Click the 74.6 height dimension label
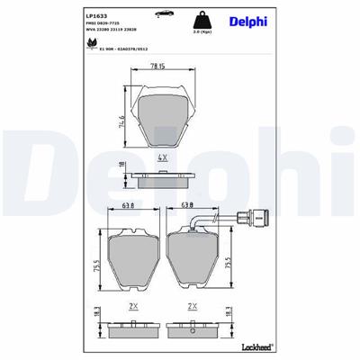coord(118,121)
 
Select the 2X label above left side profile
coord(134,306)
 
